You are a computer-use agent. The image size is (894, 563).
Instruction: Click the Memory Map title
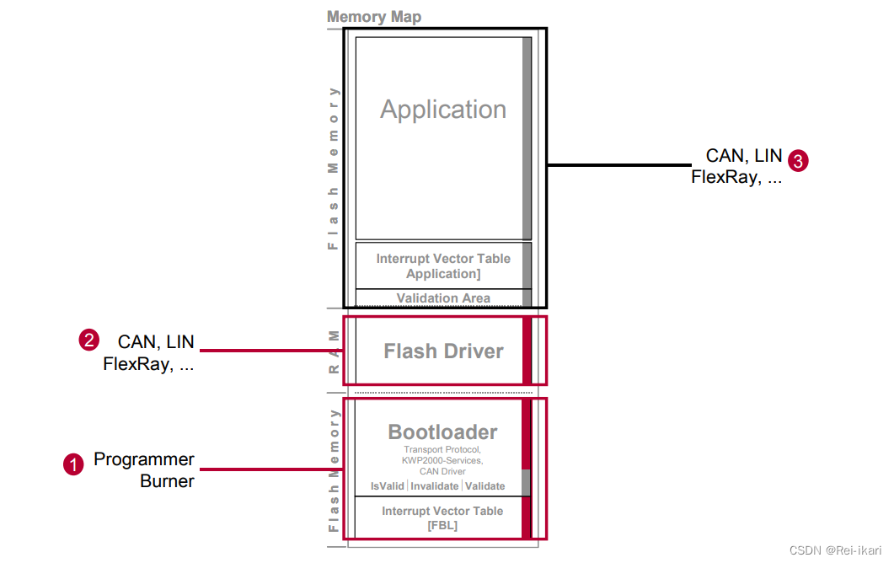373,17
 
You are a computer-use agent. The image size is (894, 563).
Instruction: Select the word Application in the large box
443,110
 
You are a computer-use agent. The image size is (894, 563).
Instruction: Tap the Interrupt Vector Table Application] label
443,266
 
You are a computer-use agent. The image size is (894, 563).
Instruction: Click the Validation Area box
443,298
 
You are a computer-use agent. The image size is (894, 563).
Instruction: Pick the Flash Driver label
443,351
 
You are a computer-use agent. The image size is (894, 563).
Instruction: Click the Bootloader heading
442,432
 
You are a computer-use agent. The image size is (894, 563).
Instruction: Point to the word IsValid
388,486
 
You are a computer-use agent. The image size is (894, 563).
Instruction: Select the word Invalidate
435,486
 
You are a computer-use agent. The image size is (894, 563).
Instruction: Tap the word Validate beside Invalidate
485,486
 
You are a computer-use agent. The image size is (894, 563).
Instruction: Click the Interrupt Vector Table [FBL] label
442,518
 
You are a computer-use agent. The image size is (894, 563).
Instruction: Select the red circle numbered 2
88,340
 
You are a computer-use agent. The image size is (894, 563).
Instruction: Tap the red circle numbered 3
798,160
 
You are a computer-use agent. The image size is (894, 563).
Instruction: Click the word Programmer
144,460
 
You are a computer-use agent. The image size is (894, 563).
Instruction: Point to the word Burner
168,482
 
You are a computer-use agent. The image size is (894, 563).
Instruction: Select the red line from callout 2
270,350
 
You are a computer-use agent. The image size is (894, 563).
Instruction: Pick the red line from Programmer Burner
270,469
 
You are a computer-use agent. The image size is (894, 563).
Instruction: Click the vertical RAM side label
334,350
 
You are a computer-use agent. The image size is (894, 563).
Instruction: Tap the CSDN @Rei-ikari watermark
835,550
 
